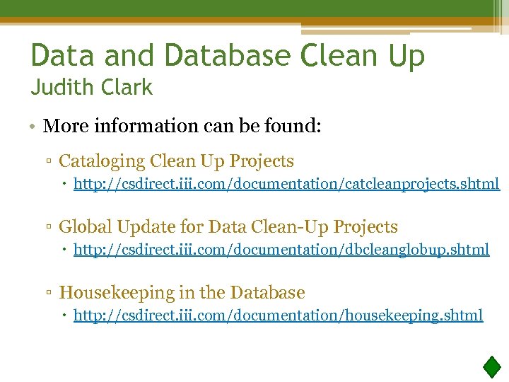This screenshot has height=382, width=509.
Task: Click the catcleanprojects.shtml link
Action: pyautogui.click(x=286, y=185)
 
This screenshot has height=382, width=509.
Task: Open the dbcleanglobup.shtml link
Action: pyautogui.click(x=281, y=250)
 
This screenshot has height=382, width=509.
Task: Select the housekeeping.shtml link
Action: pyautogui.click(x=279, y=315)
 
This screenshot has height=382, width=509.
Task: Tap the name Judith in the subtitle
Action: pyautogui.click(x=61, y=88)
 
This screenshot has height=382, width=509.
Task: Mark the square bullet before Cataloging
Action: pyautogui.click(x=50, y=163)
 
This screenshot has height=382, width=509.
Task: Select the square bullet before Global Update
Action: pyautogui.click(x=50, y=228)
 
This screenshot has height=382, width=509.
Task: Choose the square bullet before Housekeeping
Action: pyautogui.click(x=50, y=293)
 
